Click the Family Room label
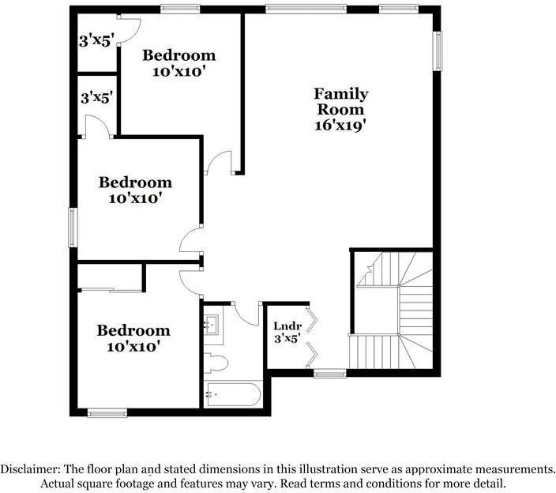tap(340, 102)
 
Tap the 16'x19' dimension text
tap(340, 125)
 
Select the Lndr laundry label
tap(287, 326)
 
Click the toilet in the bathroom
tap(216, 363)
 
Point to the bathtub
tap(233, 394)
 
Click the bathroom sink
tap(213, 325)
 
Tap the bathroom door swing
tap(246, 314)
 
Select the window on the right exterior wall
tap(438, 51)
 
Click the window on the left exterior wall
tap(73, 228)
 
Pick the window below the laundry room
tap(330, 374)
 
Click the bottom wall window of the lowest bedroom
tap(107, 413)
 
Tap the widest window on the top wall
tap(306, 9)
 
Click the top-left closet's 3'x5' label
tap(96, 42)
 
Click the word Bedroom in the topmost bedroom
tap(179, 55)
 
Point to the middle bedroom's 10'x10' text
tap(135, 198)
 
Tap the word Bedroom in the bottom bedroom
tap(133, 330)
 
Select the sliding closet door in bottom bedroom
tap(111, 291)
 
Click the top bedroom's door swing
tap(220, 163)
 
